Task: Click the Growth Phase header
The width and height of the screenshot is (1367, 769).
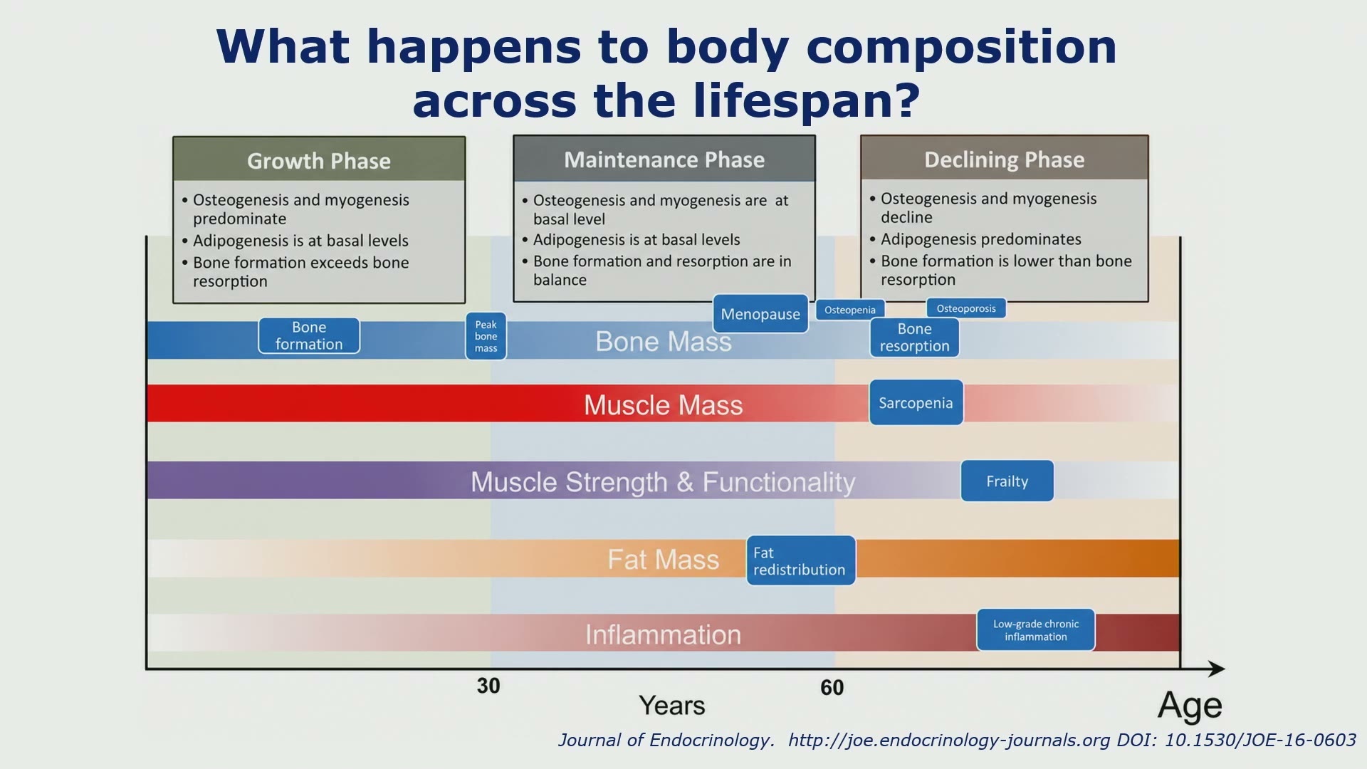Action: click(319, 159)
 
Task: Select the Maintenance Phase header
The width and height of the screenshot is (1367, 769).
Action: click(664, 159)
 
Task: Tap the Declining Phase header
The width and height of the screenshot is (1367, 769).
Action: click(1005, 158)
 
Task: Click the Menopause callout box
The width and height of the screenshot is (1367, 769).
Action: click(760, 314)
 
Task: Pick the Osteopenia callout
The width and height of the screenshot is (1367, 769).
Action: click(850, 310)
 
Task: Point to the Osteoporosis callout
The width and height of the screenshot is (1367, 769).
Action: click(966, 308)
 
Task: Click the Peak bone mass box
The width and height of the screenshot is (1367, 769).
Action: click(486, 336)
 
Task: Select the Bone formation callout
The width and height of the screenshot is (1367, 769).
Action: click(309, 335)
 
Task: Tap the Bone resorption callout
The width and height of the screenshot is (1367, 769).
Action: click(914, 338)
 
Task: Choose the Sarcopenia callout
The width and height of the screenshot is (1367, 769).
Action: click(916, 403)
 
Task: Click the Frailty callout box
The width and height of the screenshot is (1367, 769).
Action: click(1007, 481)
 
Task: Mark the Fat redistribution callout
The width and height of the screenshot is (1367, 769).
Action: click(801, 561)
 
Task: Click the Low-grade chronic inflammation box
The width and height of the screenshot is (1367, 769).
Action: click(1036, 630)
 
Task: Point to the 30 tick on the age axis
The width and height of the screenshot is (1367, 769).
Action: click(488, 686)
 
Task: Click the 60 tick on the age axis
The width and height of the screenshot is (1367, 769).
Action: click(832, 687)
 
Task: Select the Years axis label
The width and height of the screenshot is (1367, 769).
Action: click(672, 706)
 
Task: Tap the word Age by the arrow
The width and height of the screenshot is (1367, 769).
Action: click(1190, 707)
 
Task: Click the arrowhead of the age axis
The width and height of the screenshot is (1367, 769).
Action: click(1217, 669)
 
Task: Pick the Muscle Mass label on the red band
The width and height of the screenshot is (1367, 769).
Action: click(664, 405)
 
